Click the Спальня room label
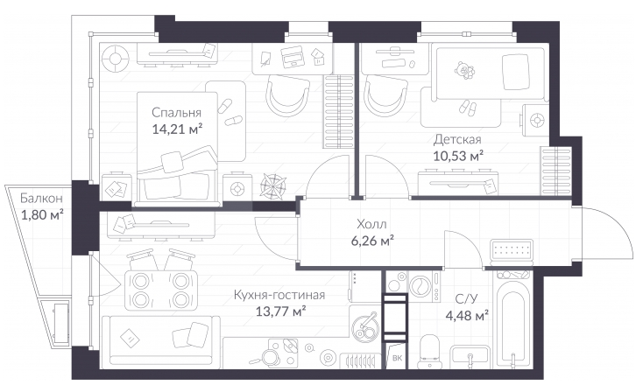tap(176, 112)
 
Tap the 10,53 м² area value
tap(458, 156)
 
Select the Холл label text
tap(371, 224)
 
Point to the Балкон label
tap(41, 199)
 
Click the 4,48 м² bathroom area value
tap(467, 316)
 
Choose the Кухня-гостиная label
tap(279, 295)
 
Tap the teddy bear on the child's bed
tap(463, 71)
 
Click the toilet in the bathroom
tap(429, 351)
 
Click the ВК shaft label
tap(397, 358)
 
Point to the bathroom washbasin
tap(470, 356)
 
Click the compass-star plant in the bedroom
tap(273, 186)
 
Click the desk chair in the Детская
tap(385, 96)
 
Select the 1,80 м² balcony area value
tap(42, 214)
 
